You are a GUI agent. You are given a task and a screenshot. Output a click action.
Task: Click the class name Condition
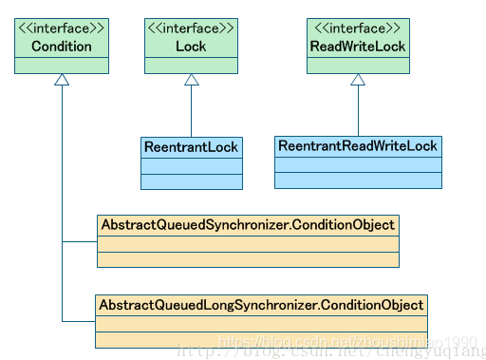(62, 47)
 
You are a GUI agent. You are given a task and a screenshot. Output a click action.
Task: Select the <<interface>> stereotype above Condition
(62, 28)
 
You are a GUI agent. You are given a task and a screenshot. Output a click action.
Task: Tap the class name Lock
(191, 47)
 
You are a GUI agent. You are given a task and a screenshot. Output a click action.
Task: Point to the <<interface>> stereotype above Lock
(191, 28)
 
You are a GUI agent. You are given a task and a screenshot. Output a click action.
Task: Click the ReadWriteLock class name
(358, 47)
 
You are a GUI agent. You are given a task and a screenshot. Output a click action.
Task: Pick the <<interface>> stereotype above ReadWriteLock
(358, 28)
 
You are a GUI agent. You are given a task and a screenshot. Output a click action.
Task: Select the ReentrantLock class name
(191, 147)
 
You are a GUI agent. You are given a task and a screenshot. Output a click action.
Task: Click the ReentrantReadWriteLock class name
(357, 146)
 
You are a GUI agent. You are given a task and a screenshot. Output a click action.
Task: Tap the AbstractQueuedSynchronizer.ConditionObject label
(248, 225)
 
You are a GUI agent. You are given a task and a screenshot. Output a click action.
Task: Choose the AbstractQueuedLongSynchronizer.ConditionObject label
(261, 305)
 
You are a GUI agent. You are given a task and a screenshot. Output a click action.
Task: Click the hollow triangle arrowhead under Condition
(62, 81)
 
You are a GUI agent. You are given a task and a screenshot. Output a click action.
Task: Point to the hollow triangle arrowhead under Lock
(191, 81)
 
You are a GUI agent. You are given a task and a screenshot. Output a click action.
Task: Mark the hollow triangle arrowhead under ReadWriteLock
(358, 81)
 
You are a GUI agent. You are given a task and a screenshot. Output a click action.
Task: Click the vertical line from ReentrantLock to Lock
(191, 112)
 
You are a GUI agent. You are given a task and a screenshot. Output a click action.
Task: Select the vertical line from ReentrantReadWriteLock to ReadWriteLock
(358, 112)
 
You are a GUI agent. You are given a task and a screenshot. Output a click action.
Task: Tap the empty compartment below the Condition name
(62, 65)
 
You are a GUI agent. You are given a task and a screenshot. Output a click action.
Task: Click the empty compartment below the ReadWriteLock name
(358, 65)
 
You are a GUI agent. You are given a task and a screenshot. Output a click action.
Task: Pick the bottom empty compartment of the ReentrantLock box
(191, 181)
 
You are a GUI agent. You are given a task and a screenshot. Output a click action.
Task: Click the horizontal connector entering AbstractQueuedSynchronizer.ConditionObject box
(80, 241)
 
